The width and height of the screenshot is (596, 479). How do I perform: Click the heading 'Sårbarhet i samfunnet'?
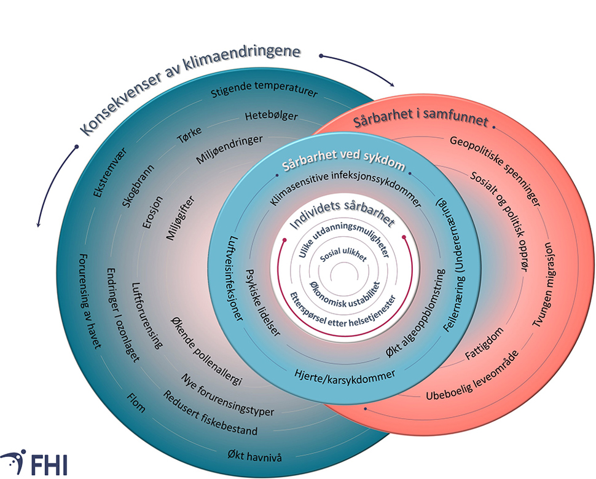click(x=421, y=119)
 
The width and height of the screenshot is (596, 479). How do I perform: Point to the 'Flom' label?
click(x=136, y=403)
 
